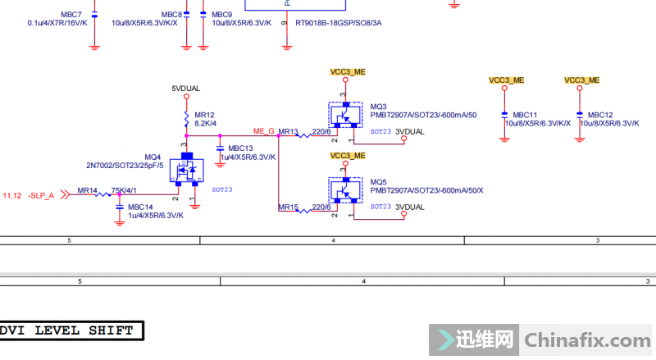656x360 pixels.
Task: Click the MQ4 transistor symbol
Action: click(187, 173)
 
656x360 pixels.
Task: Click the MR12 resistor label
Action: click(204, 114)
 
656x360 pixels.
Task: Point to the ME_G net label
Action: click(263, 131)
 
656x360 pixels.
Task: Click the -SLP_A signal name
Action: click(40, 195)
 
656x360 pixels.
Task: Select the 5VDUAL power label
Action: click(186, 89)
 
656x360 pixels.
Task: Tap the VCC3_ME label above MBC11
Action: click(506, 80)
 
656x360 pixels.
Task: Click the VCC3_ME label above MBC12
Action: click(581, 80)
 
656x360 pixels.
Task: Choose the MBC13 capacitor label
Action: click(240, 148)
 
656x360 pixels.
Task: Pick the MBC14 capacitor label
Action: click(140, 207)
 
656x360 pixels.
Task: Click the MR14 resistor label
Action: click(88, 190)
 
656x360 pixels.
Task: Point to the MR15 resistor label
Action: click(288, 207)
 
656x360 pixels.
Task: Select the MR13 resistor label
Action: click(289, 131)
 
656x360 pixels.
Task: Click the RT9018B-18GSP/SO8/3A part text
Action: click(338, 23)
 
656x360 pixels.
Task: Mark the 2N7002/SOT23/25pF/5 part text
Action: click(125, 166)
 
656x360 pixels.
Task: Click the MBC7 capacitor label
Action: click(71, 15)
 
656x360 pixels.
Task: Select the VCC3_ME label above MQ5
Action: click(348, 155)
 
